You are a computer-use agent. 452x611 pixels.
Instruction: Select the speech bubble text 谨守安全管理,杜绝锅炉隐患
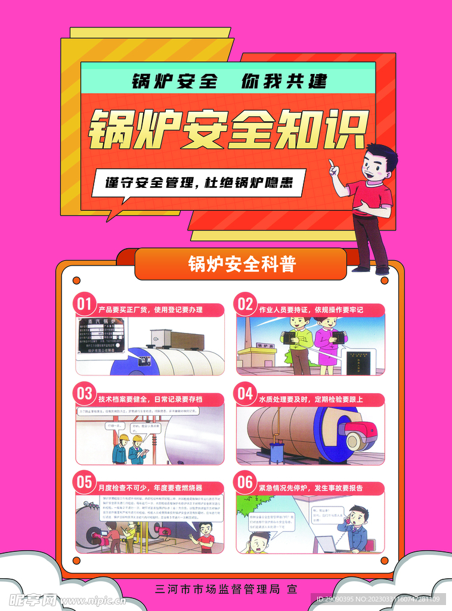coord(199,183)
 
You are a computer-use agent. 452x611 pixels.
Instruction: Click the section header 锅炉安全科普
coord(242,264)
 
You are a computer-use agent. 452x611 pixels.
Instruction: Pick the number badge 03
coord(85,394)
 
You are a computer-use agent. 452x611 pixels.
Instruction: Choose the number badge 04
coord(245,394)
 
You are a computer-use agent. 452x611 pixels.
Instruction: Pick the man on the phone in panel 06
coord(356,529)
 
